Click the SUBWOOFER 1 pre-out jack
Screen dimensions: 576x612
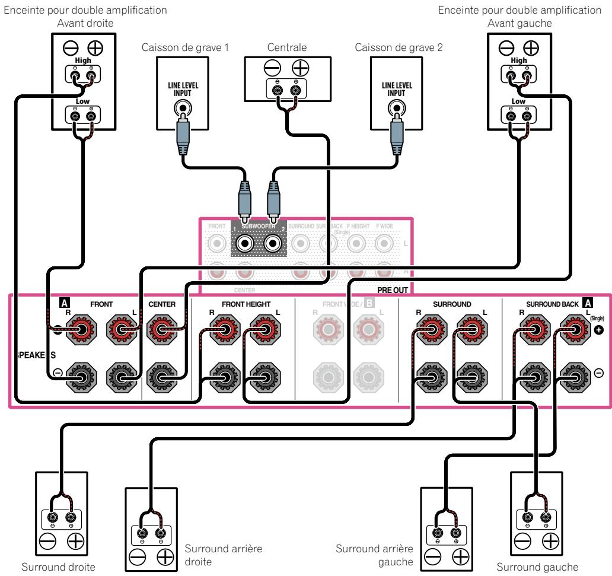(244, 243)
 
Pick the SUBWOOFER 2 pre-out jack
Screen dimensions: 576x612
(272, 243)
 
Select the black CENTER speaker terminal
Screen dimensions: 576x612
(162, 375)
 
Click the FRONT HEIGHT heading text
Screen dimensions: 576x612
(246, 304)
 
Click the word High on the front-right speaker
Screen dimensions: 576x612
(81, 61)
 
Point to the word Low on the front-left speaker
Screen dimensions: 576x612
(518, 101)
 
